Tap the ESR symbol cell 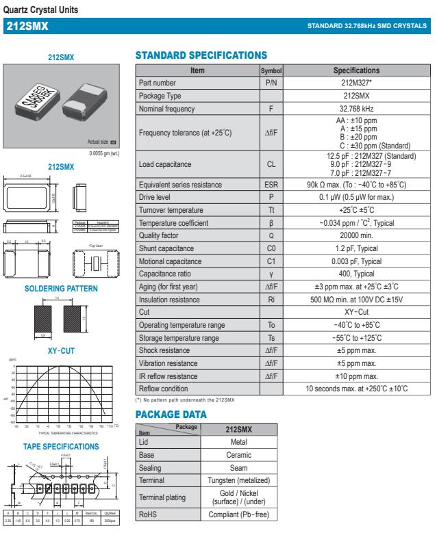coord(271,185)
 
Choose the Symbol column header coord(271,70)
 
